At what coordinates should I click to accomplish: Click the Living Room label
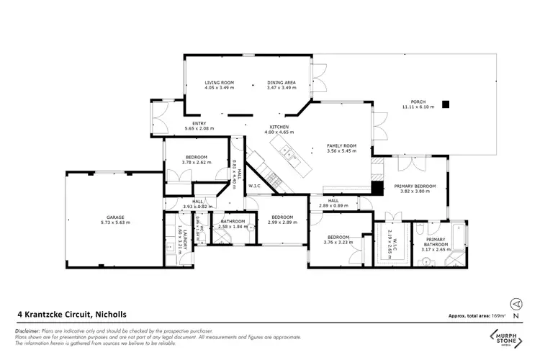click(x=220, y=83)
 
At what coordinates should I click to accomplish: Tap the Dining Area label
click(x=281, y=83)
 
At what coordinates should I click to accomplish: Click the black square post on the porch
click(x=446, y=104)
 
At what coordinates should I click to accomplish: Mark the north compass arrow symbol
click(x=515, y=305)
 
